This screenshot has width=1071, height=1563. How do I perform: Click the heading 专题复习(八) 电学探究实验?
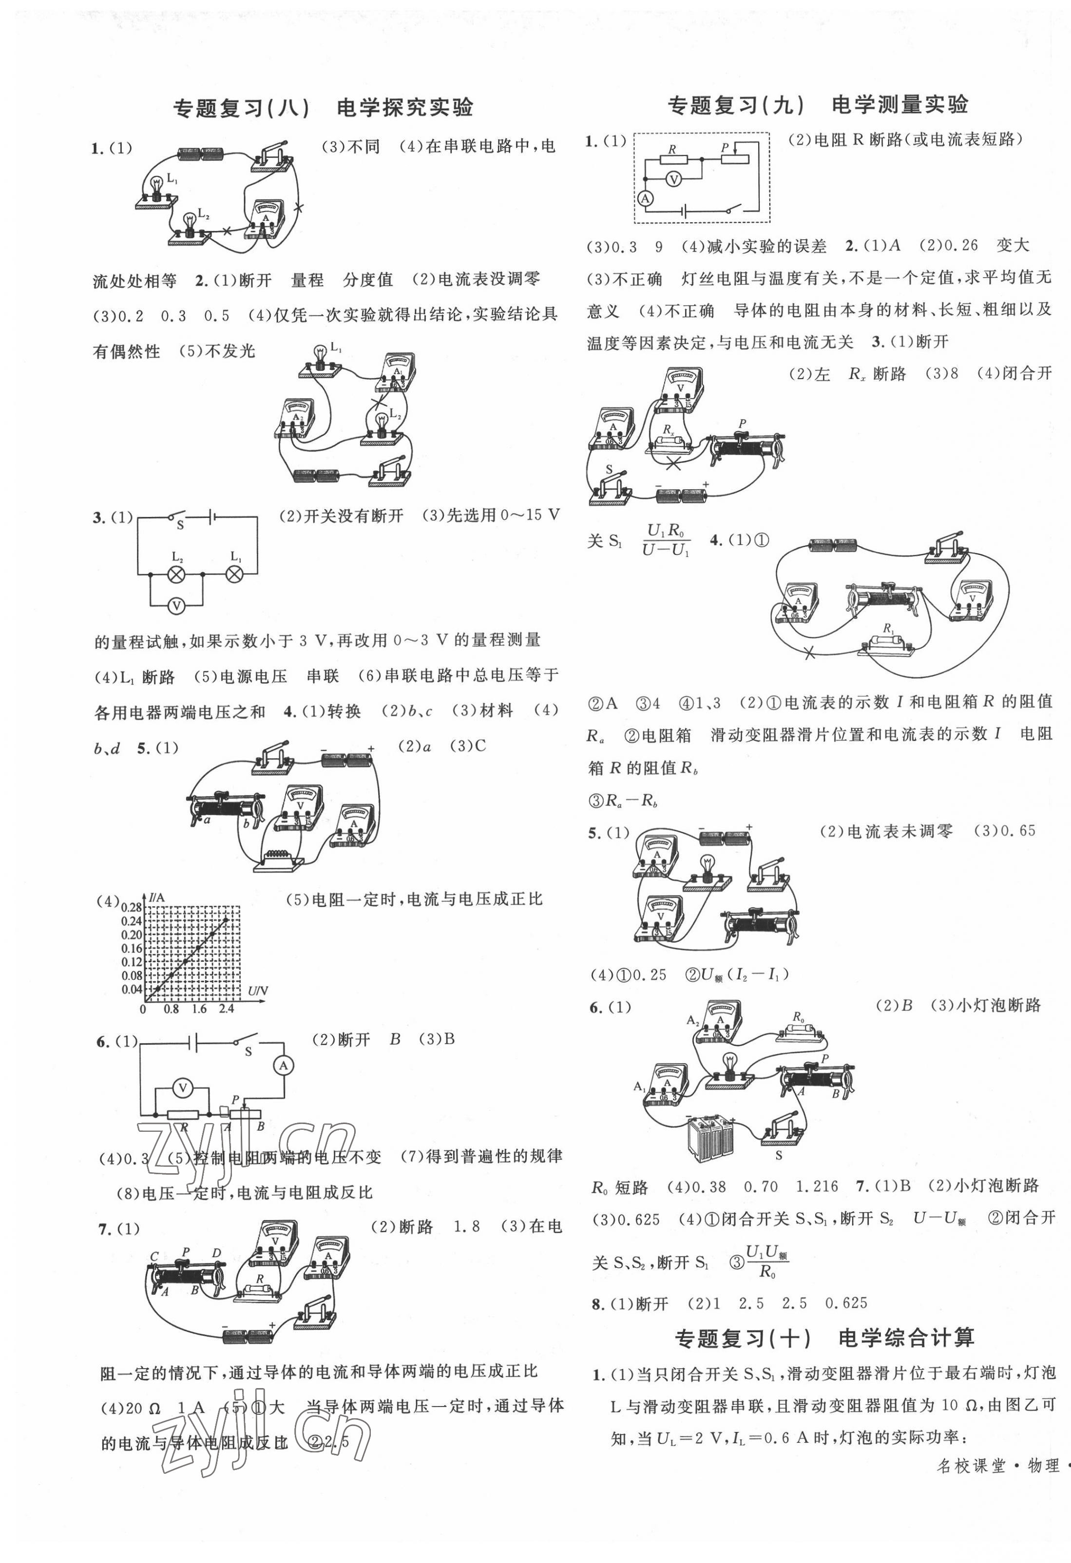coord(323,108)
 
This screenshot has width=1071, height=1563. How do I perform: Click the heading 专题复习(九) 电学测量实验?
coord(817,105)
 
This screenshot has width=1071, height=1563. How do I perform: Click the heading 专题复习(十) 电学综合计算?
coord(824,1338)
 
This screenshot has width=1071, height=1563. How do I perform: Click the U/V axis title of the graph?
coord(258,990)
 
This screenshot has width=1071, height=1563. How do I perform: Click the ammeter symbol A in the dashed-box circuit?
coord(645,198)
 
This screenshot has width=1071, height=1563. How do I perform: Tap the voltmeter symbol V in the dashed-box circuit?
coord(677,179)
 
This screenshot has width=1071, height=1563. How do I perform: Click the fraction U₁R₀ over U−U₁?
coord(666,540)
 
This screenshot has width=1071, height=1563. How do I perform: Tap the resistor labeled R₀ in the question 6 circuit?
coord(799,1031)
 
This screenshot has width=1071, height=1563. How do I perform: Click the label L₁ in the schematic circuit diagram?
coord(235,557)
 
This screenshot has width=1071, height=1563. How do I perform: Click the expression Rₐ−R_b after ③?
coord(631,801)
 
